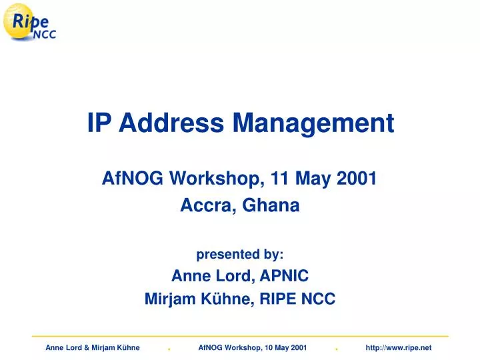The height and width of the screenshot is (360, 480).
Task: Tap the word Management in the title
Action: pyautogui.click(x=313, y=123)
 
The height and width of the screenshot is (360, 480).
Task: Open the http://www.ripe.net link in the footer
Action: pyautogui.click(x=399, y=347)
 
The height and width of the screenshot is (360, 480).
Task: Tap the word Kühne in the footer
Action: pyautogui.click(x=127, y=347)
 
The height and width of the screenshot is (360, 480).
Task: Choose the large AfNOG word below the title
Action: pyautogui.click(x=131, y=178)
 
